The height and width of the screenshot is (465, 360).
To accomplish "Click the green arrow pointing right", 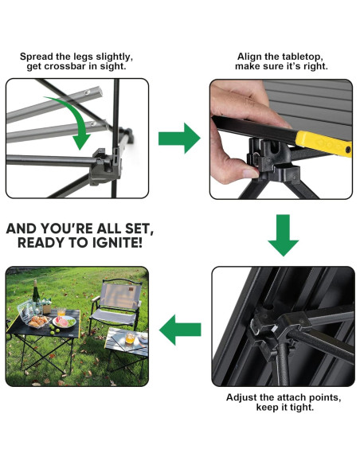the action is tap(179, 139).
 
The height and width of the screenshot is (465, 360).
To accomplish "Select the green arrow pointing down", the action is tap(284, 235).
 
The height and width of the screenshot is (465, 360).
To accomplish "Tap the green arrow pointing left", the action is tap(180, 330).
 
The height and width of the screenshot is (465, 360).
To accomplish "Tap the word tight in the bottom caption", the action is tap(302, 407).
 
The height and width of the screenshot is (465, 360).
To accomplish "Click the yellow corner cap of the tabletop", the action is tap(324, 143).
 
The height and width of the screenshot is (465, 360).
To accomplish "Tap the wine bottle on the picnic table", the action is tap(36, 292).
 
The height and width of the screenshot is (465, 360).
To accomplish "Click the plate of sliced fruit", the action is tap(64, 322).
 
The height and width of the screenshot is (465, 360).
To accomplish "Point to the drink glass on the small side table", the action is tap(130, 338).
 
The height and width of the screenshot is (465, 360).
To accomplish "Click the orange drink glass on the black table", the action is tap(61, 312).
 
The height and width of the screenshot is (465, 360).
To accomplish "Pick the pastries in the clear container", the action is tap(38, 321).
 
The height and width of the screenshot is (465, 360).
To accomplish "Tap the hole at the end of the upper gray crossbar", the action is tap(87, 92).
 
